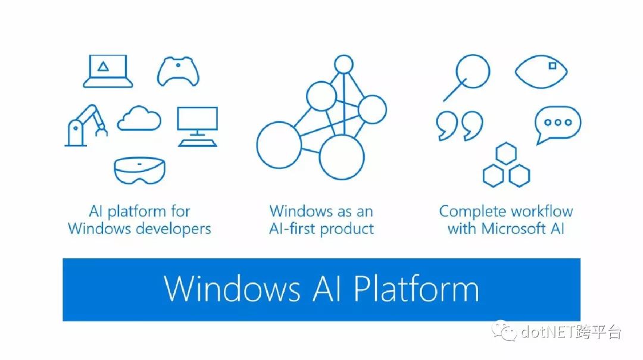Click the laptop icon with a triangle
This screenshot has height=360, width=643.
(107, 71)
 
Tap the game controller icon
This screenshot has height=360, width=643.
(178, 72)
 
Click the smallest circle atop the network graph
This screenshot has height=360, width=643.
(344, 64)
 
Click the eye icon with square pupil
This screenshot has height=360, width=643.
(541, 72)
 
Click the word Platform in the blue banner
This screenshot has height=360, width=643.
(416, 289)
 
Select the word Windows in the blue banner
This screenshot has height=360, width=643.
(232, 289)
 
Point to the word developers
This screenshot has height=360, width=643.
(173, 228)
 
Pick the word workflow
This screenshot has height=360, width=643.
(539, 211)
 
